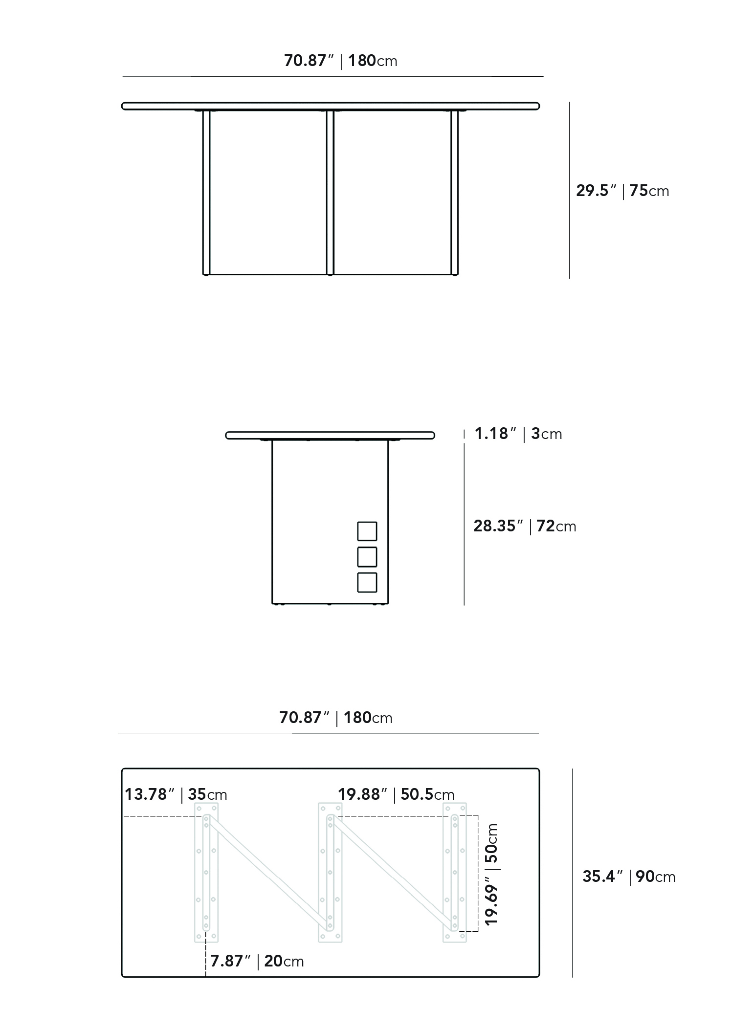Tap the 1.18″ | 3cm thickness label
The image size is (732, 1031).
[x=518, y=434]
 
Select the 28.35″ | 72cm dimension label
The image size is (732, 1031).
[x=525, y=526]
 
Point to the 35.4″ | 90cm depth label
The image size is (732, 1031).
[x=629, y=877]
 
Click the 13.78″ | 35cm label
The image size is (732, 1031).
[x=176, y=794]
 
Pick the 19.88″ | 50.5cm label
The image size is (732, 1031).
[x=396, y=794]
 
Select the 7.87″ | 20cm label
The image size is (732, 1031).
[x=257, y=961]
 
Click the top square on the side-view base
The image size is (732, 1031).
[x=367, y=531]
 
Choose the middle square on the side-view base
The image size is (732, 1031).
[x=367, y=557]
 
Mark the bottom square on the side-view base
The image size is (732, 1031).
[x=367, y=582]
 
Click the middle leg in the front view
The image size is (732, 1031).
[x=330, y=193]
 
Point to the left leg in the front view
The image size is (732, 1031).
[x=206, y=193]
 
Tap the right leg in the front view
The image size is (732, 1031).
[x=455, y=193]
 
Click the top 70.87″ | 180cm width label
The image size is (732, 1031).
[x=341, y=61]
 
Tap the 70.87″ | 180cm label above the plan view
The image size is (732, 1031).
[x=336, y=718]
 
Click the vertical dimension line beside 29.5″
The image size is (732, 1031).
[x=569, y=191]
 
